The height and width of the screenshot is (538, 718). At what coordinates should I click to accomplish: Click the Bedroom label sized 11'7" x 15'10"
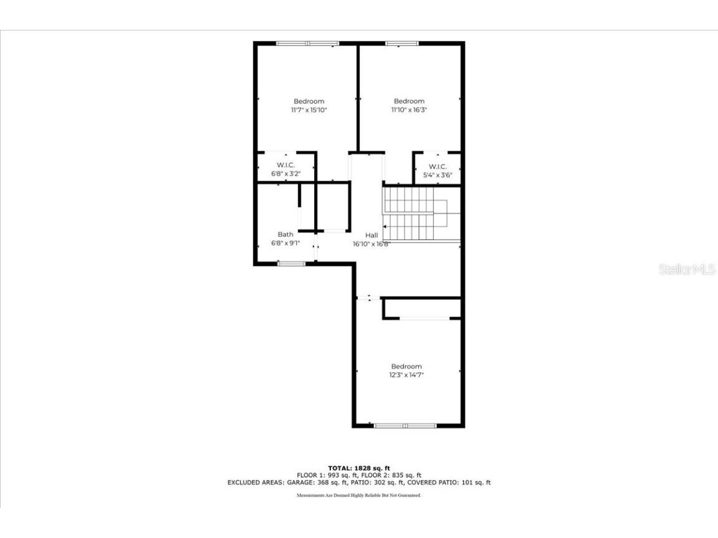[x=309, y=101]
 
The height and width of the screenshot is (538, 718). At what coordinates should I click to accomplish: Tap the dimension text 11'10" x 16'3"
[x=409, y=110]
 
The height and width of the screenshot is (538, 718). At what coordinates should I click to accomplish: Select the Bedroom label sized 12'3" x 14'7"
[x=406, y=367]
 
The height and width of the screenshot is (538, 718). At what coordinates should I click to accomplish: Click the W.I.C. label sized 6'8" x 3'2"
[x=285, y=165]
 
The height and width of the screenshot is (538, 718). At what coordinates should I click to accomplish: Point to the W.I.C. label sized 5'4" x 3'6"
[x=438, y=167]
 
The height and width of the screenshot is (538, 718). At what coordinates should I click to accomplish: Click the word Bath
[x=285, y=235]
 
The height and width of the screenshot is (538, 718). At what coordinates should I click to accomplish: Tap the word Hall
[x=371, y=235]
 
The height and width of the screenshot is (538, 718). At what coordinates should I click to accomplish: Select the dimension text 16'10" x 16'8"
[x=371, y=244]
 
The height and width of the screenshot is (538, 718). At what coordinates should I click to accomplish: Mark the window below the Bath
[x=291, y=264]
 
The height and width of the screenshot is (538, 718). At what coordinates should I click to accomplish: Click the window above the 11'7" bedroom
[x=307, y=44]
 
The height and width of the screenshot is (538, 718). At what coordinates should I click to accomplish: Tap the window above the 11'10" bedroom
[x=402, y=44]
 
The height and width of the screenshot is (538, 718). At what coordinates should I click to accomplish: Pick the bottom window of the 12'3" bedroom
[x=405, y=425]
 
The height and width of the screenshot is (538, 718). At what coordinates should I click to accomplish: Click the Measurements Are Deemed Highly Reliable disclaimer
[x=359, y=496]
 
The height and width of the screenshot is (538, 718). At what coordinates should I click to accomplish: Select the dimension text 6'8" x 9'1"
[x=285, y=243]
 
